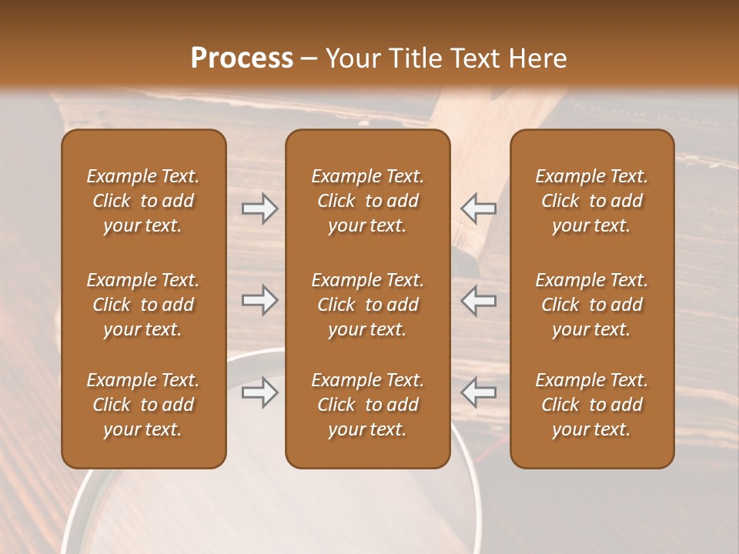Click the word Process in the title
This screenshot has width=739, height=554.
tap(242, 58)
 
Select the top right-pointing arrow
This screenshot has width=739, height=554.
tap(259, 209)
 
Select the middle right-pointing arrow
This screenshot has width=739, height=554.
tap(259, 300)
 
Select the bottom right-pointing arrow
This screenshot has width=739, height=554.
tap(259, 392)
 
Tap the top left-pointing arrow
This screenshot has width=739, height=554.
tap(479, 209)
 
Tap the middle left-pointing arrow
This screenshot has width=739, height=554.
tap(479, 300)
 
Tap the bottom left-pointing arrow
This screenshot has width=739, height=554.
tap(479, 392)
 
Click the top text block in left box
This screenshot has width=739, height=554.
tap(143, 201)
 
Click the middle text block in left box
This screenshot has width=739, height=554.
tap(143, 305)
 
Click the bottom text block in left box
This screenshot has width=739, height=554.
tap(143, 405)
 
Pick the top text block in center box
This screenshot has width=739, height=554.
tap(367, 201)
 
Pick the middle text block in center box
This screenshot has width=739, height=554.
tap(367, 305)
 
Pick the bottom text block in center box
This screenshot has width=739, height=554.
tap(367, 405)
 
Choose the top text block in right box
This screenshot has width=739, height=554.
tap(591, 201)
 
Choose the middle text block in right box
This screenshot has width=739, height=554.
tap(591, 305)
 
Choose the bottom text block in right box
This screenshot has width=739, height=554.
tap(591, 405)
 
